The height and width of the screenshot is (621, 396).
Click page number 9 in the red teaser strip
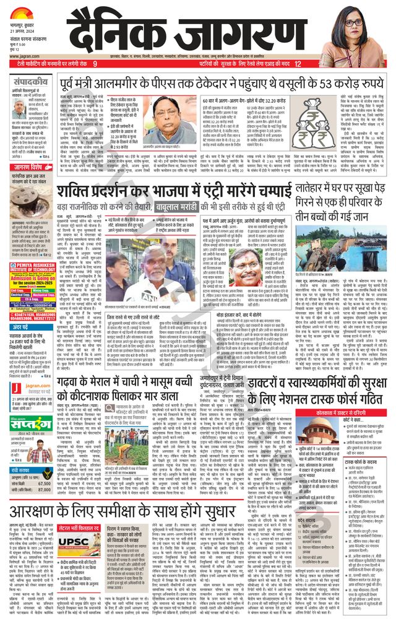95,64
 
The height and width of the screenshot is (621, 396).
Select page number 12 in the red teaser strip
298,64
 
